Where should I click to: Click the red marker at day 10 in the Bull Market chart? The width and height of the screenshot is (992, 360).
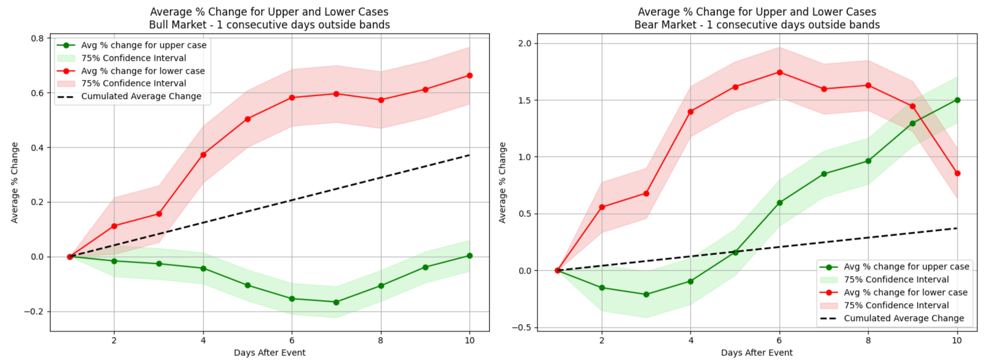(x=469, y=75)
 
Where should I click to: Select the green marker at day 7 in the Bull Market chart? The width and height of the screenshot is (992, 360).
(x=336, y=302)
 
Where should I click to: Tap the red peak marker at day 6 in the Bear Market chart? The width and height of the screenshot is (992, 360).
(x=780, y=72)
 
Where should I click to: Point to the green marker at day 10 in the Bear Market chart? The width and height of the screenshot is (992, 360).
(x=957, y=100)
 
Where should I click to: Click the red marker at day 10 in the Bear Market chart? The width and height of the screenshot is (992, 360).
(x=957, y=173)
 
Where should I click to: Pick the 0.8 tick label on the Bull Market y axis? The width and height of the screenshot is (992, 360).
(x=37, y=38)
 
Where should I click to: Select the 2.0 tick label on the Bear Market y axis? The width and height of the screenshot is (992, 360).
(x=525, y=43)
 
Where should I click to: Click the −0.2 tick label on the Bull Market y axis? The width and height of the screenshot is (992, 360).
(x=34, y=312)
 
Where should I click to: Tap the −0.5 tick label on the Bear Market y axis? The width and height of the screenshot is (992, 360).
(x=522, y=328)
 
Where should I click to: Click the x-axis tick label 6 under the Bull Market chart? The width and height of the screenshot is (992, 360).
(x=292, y=340)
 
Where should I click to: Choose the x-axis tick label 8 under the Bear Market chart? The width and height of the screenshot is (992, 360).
(x=868, y=340)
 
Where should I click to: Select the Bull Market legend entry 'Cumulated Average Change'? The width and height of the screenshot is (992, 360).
(x=141, y=96)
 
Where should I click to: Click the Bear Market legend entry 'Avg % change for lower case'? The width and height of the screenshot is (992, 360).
(x=905, y=292)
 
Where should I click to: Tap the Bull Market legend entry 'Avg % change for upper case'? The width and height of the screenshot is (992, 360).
(x=144, y=45)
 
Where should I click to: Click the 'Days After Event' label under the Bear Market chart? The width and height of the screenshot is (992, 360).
(x=757, y=353)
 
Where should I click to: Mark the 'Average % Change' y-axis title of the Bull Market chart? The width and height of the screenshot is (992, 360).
(x=15, y=182)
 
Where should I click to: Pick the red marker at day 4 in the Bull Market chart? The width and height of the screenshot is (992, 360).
(x=203, y=155)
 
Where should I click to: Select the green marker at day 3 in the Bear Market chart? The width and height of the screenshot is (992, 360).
(x=646, y=295)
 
